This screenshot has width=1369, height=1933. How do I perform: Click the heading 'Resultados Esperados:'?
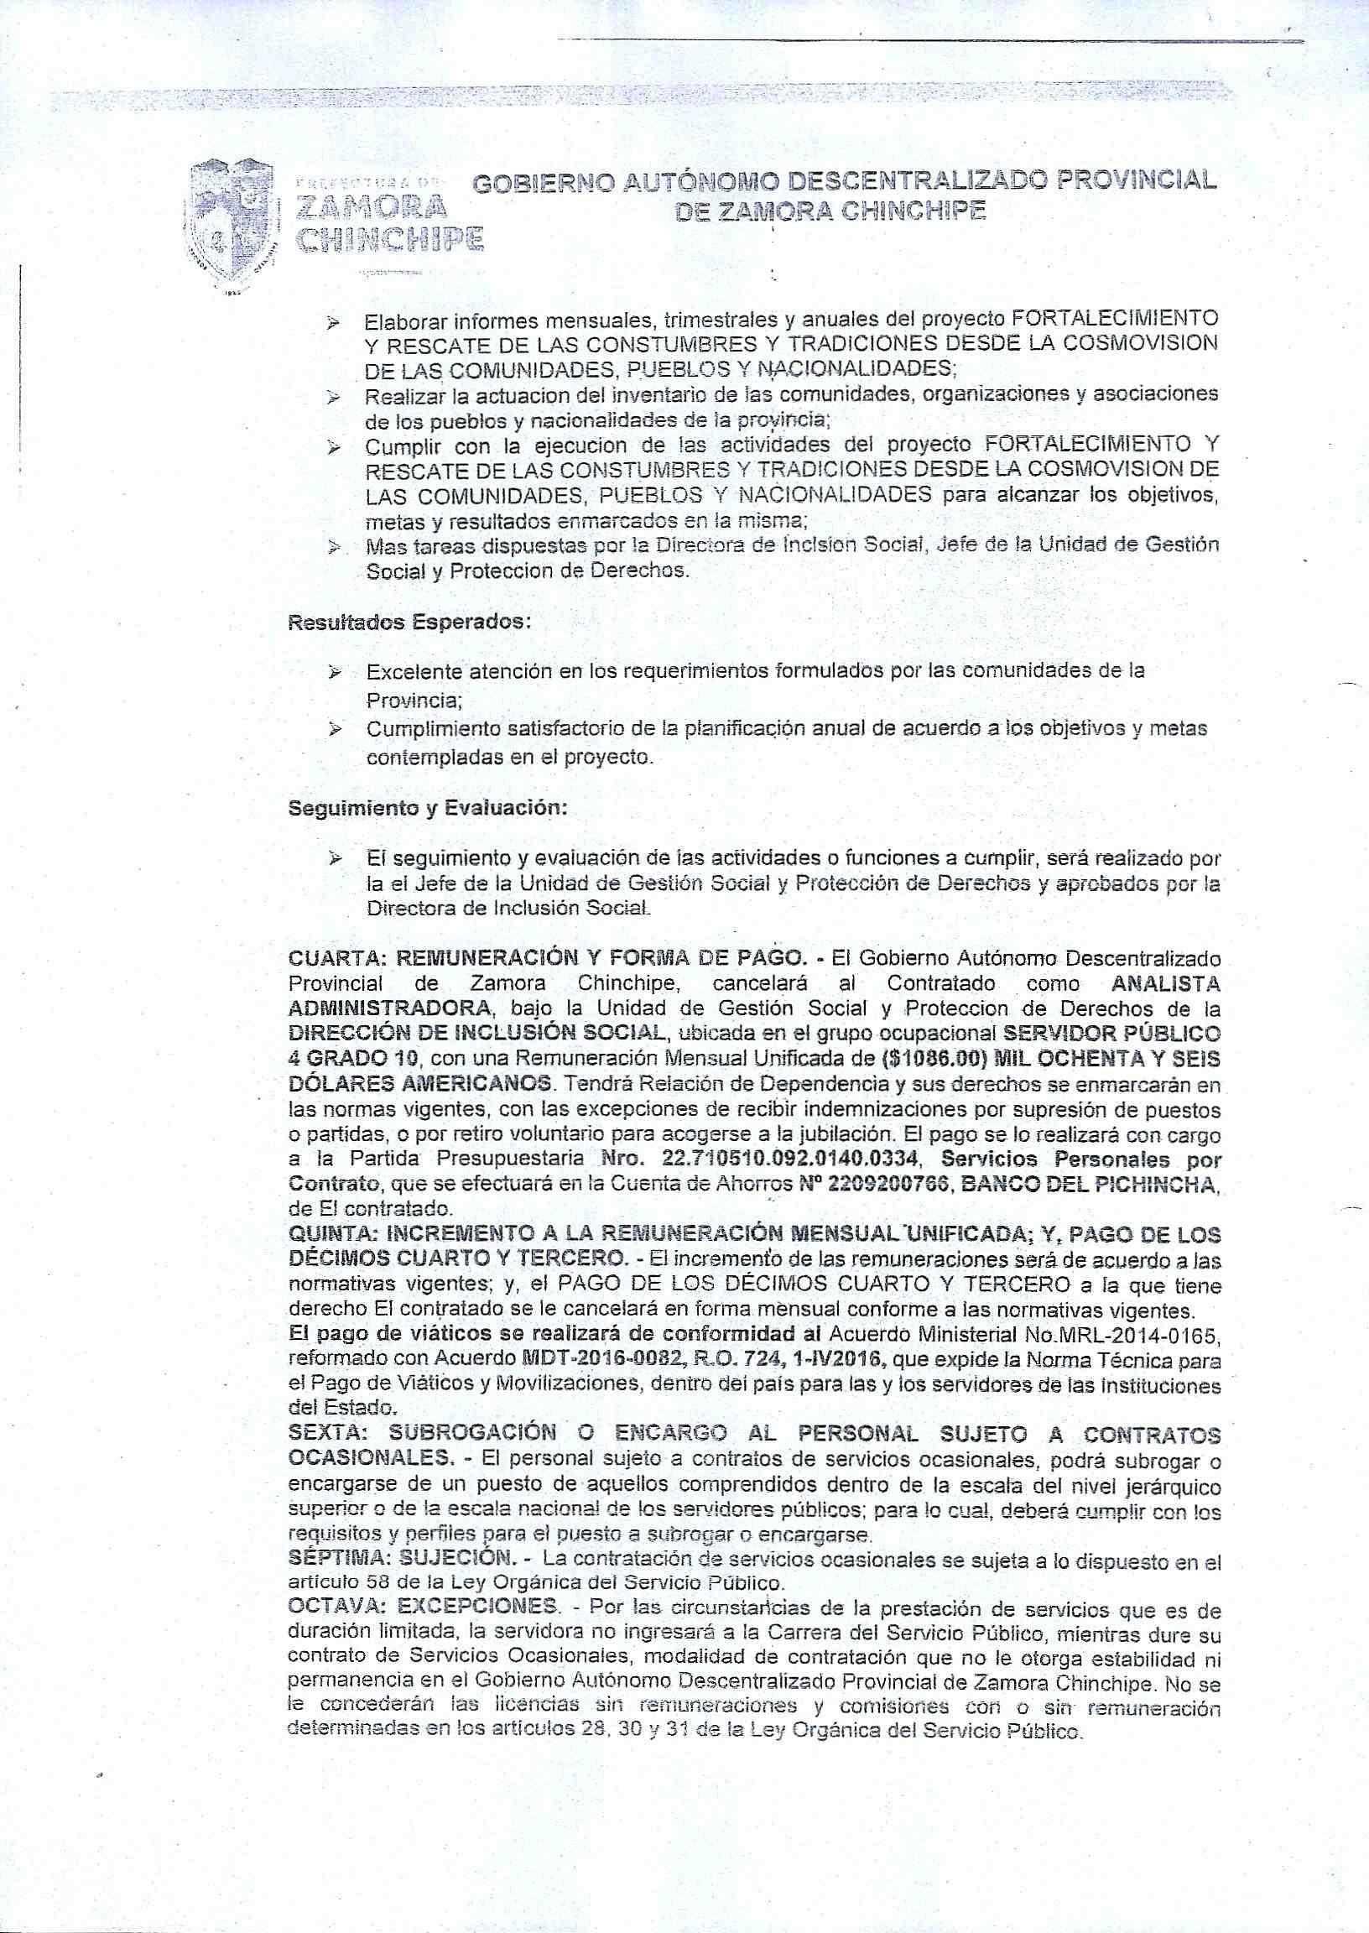[409, 624]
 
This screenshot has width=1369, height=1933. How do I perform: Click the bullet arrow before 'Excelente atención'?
[335, 673]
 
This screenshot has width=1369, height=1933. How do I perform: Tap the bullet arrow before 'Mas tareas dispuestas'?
[335, 547]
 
